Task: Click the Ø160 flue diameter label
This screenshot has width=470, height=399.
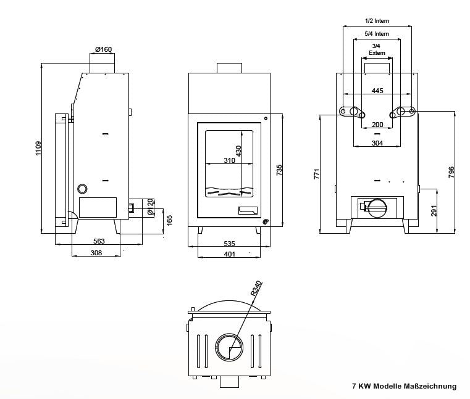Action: [103, 49]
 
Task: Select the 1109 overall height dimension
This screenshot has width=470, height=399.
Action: [38, 148]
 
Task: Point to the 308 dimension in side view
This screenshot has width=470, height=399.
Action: [96, 253]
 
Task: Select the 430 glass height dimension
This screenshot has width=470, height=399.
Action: [238, 150]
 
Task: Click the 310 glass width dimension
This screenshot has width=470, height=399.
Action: [230, 161]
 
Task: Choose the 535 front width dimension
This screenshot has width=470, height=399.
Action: [229, 244]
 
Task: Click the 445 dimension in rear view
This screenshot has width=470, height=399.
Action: [377, 91]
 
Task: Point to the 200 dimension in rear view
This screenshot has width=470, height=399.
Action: [377, 125]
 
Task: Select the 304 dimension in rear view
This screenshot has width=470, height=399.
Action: [377, 143]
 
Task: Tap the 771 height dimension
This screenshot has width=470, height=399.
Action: [317, 175]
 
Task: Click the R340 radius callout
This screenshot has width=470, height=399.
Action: [256, 289]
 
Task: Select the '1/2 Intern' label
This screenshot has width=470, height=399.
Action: [377, 21]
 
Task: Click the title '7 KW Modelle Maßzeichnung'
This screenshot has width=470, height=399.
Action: [404, 387]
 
